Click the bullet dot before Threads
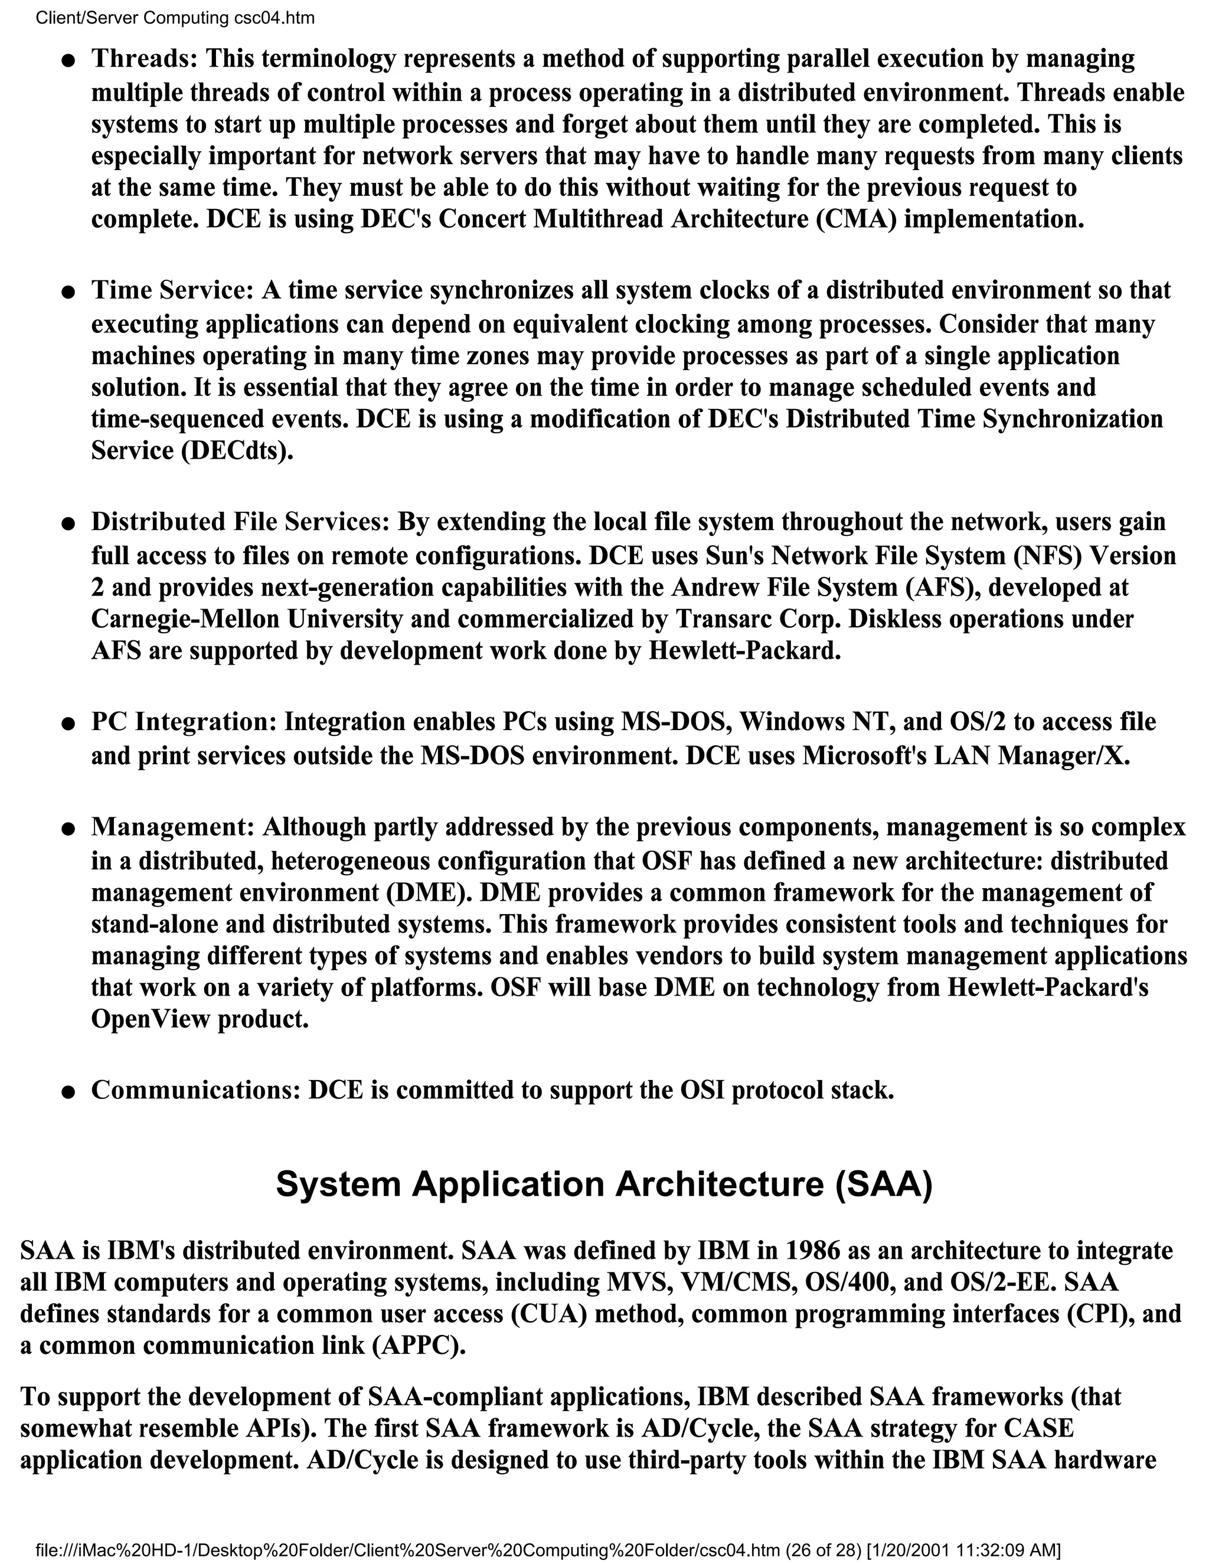coord(68,61)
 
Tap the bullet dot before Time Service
coord(68,293)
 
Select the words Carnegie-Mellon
coord(185,619)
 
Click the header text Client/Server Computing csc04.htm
coord(175,18)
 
